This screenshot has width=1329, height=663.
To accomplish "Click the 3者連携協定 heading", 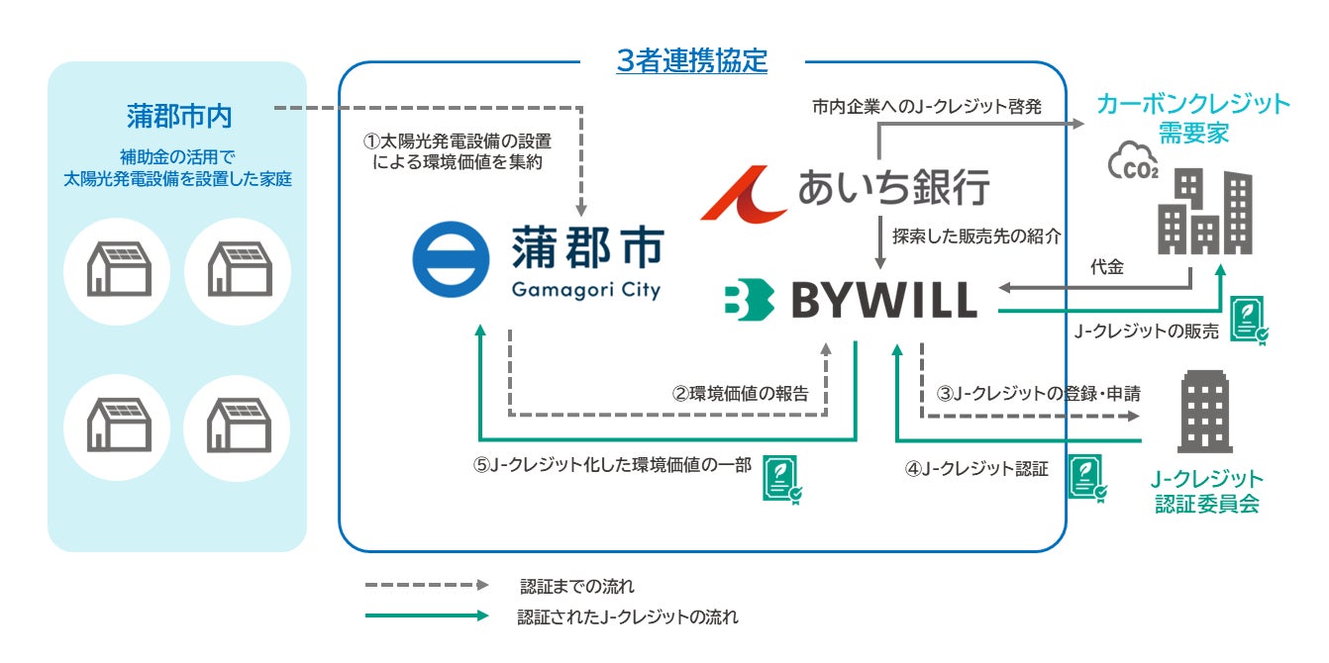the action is tap(691, 61).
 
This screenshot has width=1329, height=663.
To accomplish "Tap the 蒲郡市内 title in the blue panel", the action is tap(179, 116).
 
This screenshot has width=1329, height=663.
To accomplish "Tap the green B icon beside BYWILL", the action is tap(749, 302).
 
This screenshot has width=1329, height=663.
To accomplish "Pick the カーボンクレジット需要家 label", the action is tap(1192, 118).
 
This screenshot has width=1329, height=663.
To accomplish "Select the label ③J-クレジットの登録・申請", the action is tap(1038, 393).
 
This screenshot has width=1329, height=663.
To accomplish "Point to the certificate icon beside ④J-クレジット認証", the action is tap(1087, 476).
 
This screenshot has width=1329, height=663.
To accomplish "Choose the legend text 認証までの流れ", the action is tap(577, 586).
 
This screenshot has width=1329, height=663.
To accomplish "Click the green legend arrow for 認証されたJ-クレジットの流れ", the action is tap(427, 616).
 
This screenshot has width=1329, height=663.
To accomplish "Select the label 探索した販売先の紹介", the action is tap(976, 237).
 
